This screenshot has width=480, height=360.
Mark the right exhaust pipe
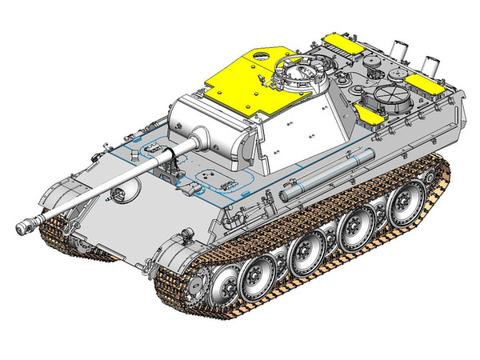(x=433, y=64)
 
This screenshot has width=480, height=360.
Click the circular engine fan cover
(x=384, y=100)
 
